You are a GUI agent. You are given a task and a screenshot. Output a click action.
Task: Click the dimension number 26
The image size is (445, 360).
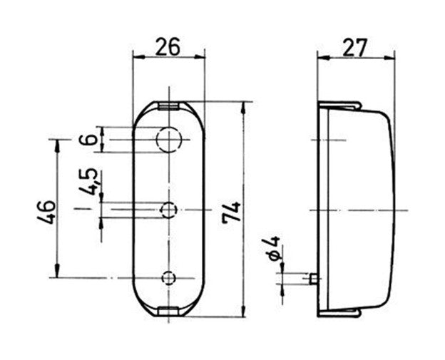[x=168, y=47]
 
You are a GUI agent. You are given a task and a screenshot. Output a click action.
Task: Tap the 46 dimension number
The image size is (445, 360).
[x=46, y=212]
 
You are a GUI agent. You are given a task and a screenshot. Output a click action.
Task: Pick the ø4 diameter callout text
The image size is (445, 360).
[x=274, y=248]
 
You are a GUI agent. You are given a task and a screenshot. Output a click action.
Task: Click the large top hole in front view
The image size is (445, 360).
[x=169, y=139]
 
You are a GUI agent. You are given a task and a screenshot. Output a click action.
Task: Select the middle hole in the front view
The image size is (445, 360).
[x=169, y=210]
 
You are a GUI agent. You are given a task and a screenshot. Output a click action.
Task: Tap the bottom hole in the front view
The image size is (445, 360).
[x=169, y=278]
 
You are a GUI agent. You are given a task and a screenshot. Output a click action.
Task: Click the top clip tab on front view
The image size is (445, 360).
[x=168, y=106]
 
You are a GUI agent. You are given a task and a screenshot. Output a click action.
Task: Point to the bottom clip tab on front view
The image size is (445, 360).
[x=168, y=312]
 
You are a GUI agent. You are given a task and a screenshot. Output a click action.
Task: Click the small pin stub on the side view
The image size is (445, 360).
[x=313, y=279]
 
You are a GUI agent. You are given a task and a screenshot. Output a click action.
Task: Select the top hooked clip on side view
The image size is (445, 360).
[x=339, y=106]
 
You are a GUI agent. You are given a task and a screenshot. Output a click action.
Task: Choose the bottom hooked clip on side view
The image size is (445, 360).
[x=339, y=312]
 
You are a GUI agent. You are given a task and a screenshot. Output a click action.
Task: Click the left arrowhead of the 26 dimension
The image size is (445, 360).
[x=138, y=58]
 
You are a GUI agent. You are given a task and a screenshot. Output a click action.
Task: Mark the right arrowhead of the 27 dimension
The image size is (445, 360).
[x=389, y=58]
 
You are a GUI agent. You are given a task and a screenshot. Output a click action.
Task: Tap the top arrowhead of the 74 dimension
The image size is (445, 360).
[x=243, y=107]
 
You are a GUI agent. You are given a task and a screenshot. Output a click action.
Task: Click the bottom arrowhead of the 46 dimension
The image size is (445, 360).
[x=57, y=270]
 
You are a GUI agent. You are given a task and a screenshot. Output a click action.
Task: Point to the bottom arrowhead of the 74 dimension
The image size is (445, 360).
[x=243, y=312]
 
